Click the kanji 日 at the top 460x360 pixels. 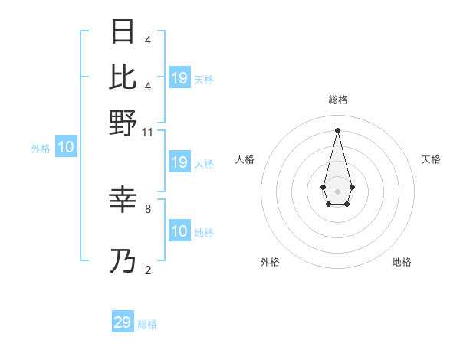click(123, 32)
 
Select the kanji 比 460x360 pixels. click(123, 77)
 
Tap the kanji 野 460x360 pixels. click(123, 122)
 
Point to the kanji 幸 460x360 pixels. click(123, 200)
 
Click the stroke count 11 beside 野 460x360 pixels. click(148, 133)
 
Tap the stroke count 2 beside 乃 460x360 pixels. click(148, 270)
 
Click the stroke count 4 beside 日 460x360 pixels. click(148, 41)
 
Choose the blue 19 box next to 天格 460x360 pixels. click(179, 78)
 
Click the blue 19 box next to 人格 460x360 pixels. click(179, 162)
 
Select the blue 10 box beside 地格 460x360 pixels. click(179, 231)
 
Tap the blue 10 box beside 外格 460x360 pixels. click(66, 148)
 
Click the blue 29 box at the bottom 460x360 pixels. click(123, 322)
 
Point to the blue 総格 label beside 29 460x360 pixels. click(147, 324)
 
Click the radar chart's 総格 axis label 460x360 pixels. click(337, 100)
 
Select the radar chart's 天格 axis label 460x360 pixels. click(431, 159)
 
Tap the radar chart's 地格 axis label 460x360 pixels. click(402, 262)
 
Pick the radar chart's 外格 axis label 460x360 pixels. click(270, 262)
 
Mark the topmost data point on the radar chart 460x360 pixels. click(337, 130)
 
